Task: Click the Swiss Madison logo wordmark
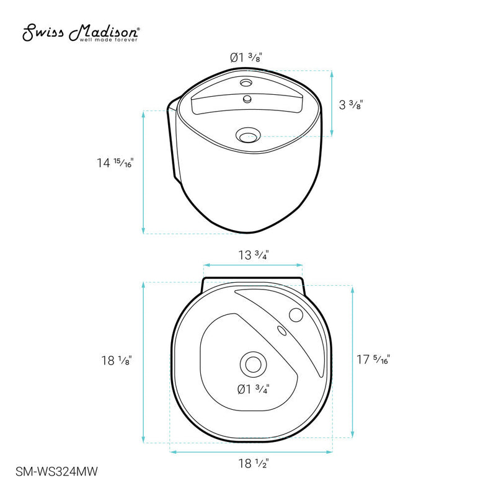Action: pos(81,32)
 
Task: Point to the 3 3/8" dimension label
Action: pos(351,105)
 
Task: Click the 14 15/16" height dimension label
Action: pos(115,163)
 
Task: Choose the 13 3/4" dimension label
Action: pos(254,254)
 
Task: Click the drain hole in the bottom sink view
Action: pos(252,363)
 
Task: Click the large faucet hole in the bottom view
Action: pos(295,315)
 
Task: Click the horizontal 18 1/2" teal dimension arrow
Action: pos(254,452)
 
